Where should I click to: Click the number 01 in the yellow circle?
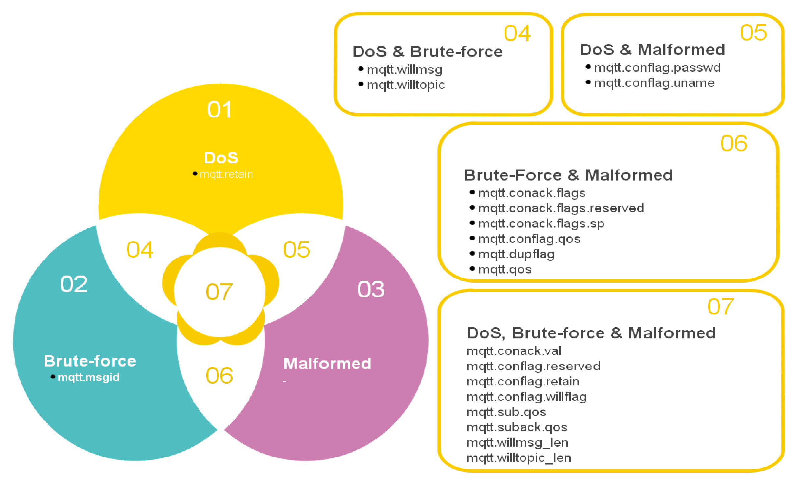[219, 109]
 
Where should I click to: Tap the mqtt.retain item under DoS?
[226, 174]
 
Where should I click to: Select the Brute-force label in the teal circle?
[90, 361]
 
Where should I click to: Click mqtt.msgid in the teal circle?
[88, 377]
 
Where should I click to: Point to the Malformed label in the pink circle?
[327, 364]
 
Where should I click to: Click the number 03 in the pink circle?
[371, 289]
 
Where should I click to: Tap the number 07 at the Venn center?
[219, 292]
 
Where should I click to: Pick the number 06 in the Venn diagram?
[219, 375]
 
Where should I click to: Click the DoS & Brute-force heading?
[428, 52]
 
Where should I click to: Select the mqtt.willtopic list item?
[406, 85]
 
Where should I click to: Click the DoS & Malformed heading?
[653, 50]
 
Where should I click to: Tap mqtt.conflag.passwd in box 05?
[657, 67]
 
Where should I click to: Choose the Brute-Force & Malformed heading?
[568, 175]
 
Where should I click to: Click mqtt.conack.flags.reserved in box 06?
[561, 208]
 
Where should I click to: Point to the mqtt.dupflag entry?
[516, 254]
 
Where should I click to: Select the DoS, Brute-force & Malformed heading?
[591, 333]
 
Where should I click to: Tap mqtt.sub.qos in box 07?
[506, 412]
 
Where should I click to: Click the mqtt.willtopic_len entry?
[519, 458]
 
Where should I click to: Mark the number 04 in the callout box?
[517, 33]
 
